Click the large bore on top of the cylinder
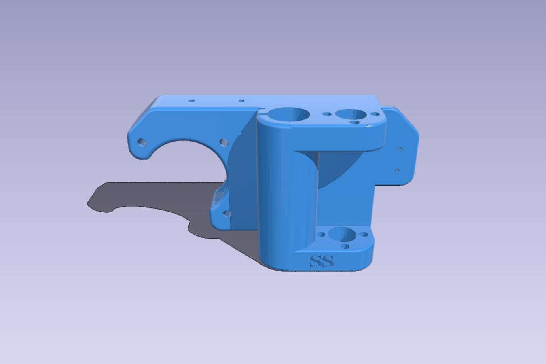288,114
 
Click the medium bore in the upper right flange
350,114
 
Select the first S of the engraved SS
315,261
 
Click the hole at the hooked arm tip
142,142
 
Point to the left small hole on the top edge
192,100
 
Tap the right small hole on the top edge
241,100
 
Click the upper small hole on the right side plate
399,148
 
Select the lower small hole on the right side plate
397,170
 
